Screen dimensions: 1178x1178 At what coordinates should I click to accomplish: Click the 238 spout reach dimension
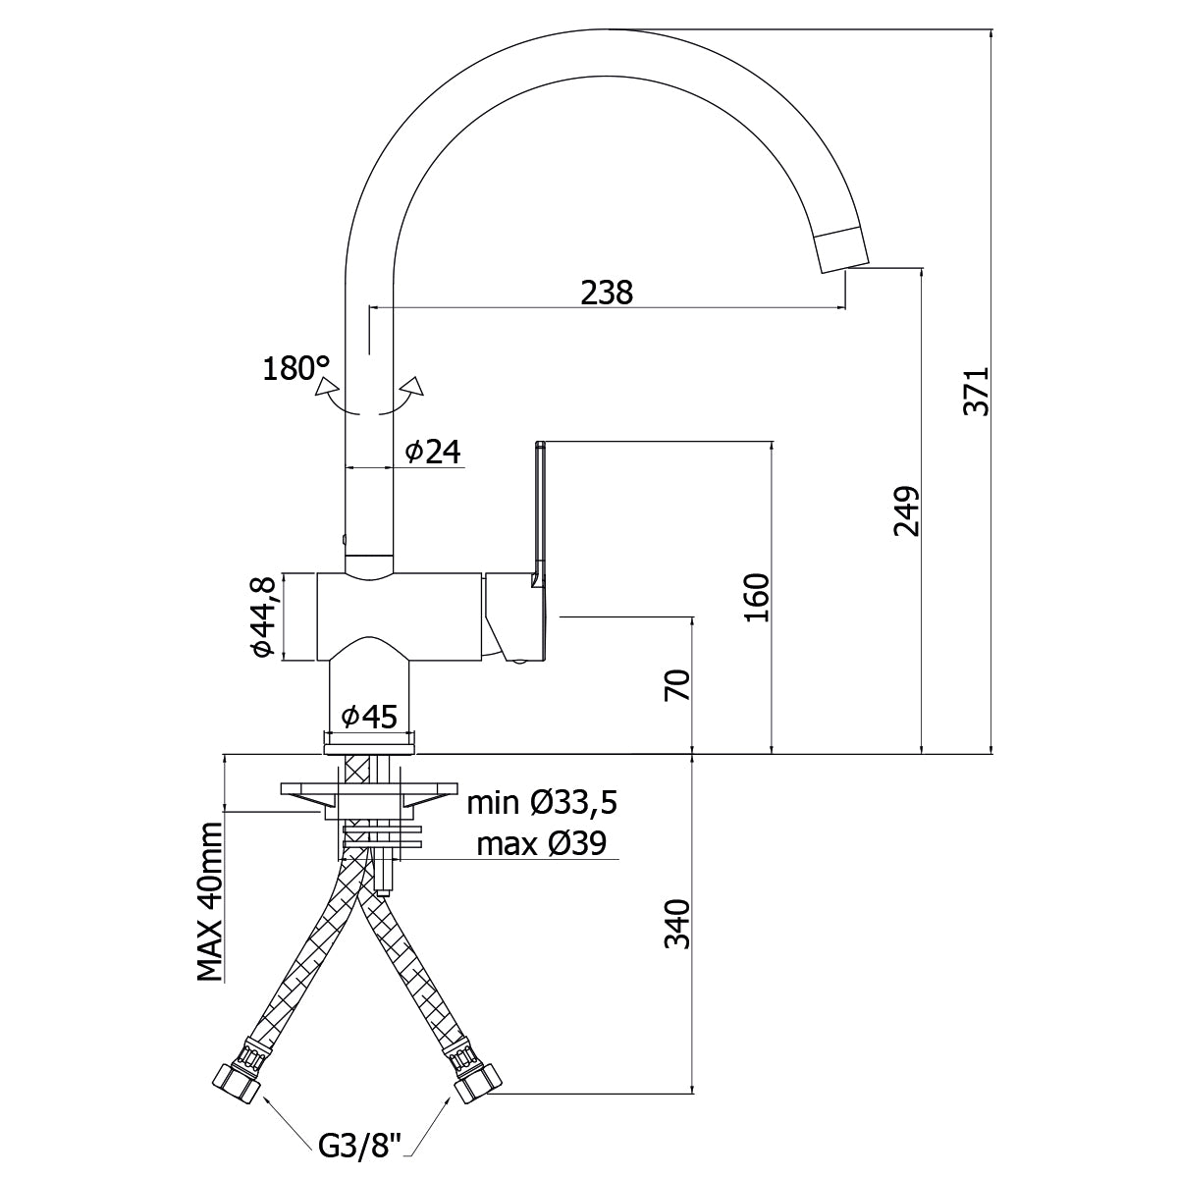coord(607,292)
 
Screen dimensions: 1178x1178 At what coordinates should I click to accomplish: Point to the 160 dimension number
coord(756,598)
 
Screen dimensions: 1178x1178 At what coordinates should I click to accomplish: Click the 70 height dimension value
coord(677,684)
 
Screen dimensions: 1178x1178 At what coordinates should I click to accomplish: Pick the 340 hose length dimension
coord(677,925)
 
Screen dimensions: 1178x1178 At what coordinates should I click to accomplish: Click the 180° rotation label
coord(295,369)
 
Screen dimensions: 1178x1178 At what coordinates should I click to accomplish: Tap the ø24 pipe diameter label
coord(432,451)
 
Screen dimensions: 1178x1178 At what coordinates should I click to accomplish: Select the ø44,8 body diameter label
coord(261,616)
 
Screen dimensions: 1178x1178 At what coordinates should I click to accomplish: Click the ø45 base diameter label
coord(369,718)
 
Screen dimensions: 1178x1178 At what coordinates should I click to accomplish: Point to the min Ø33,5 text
coord(541,803)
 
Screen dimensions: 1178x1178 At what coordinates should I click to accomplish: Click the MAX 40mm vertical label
coord(209,902)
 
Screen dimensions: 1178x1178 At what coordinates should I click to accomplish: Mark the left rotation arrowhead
coord(321,385)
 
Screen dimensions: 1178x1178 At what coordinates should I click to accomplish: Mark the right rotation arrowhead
coord(416,386)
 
